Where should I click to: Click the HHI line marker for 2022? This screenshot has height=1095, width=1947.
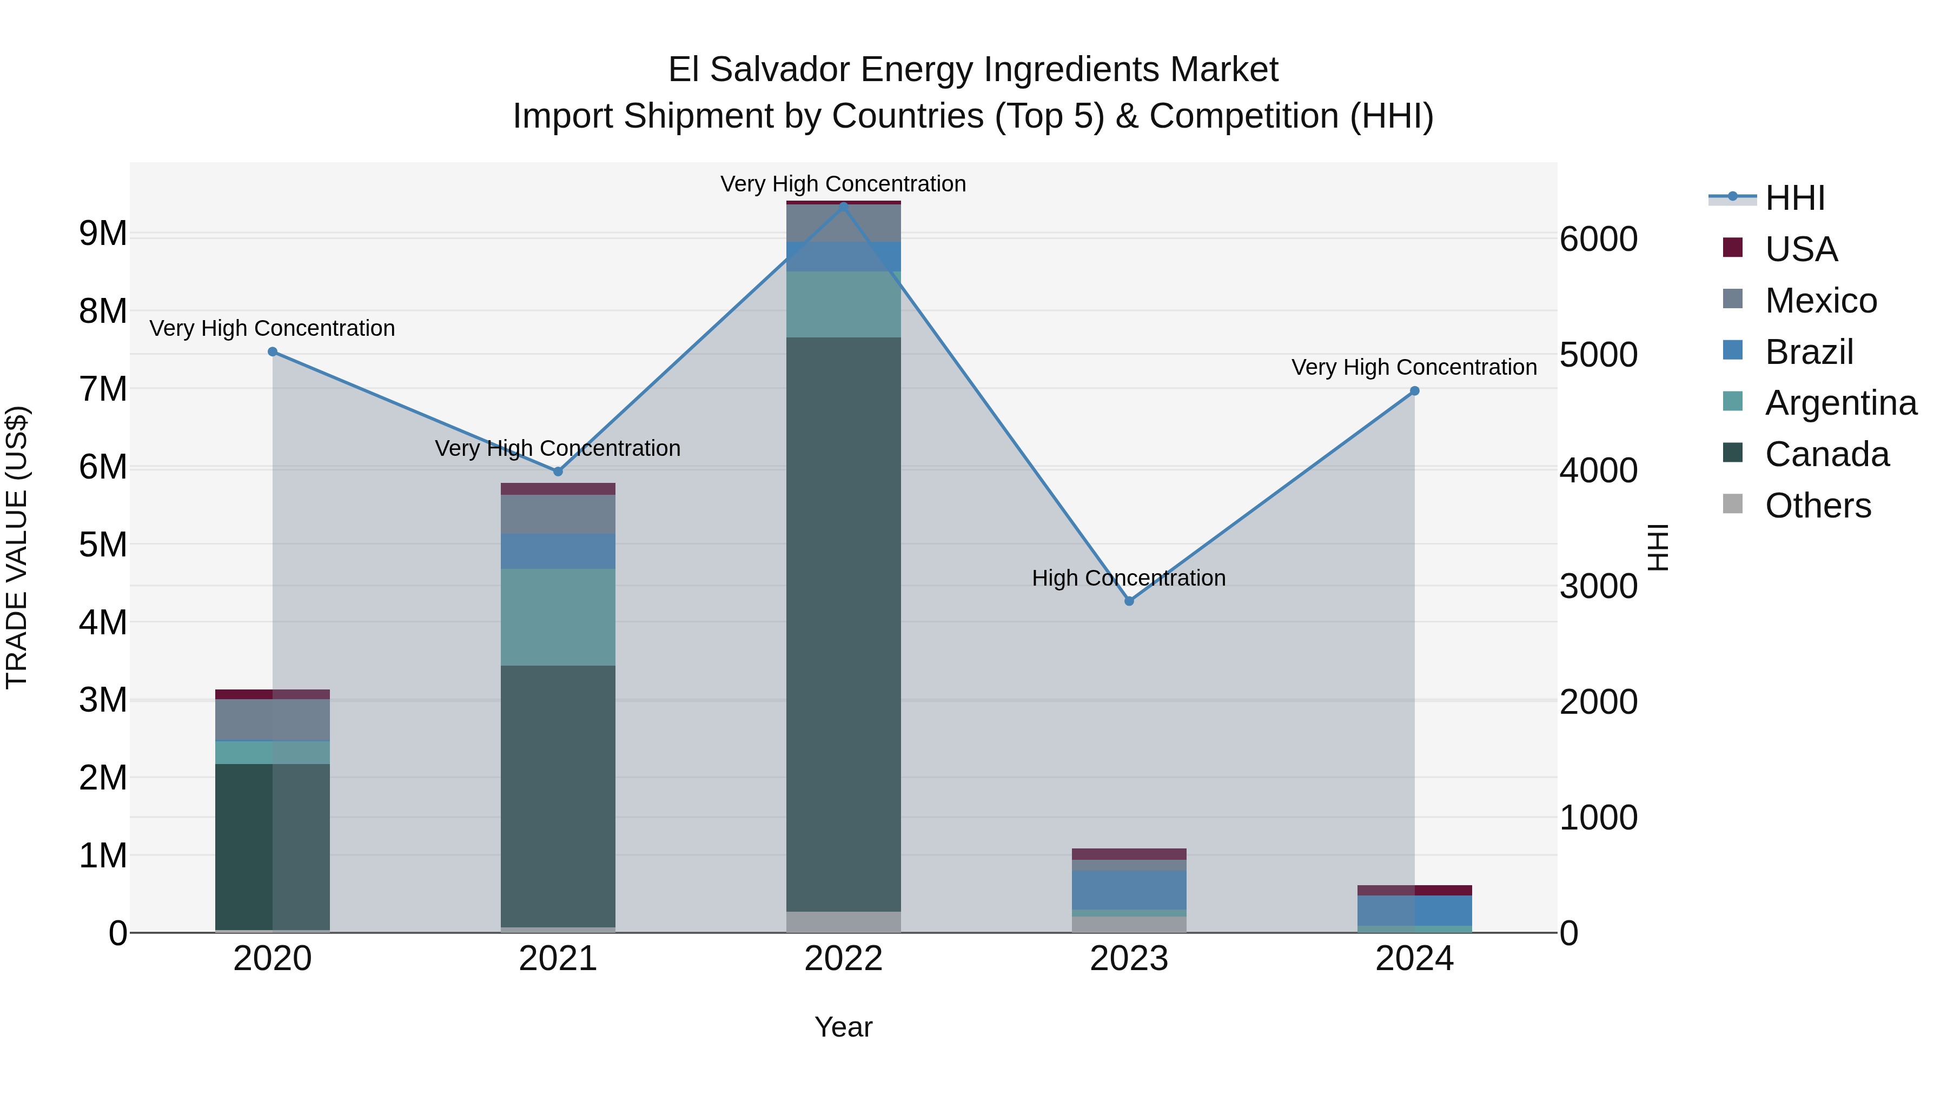(x=844, y=207)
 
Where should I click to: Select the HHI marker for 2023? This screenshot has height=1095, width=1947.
(x=1129, y=601)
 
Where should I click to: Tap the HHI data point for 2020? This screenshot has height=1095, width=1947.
(x=273, y=352)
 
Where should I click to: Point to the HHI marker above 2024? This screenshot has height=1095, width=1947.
(x=1415, y=391)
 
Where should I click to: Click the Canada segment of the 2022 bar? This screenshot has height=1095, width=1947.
(x=844, y=623)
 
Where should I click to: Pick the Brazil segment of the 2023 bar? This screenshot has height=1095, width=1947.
(x=1129, y=890)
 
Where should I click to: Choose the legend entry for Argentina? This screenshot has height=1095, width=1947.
(x=1840, y=403)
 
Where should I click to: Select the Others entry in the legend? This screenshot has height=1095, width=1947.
(x=1818, y=506)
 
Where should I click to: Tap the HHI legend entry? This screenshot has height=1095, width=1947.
(x=1794, y=198)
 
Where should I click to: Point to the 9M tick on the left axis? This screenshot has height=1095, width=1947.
(x=103, y=234)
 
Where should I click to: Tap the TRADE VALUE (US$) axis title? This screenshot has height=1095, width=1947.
(x=17, y=547)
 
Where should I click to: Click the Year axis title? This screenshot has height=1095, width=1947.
(x=844, y=1027)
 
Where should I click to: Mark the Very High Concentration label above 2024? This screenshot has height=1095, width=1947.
(x=1414, y=367)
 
